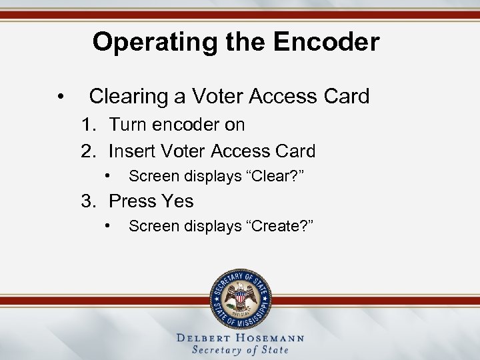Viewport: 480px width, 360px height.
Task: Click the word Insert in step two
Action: click(x=132, y=151)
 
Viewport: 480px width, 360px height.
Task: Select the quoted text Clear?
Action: click(x=279, y=176)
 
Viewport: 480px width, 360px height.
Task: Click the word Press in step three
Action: click(x=132, y=201)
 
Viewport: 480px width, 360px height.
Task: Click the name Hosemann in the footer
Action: click(x=273, y=338)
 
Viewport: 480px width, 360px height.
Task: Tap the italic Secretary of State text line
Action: click(x=240, y=350)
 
